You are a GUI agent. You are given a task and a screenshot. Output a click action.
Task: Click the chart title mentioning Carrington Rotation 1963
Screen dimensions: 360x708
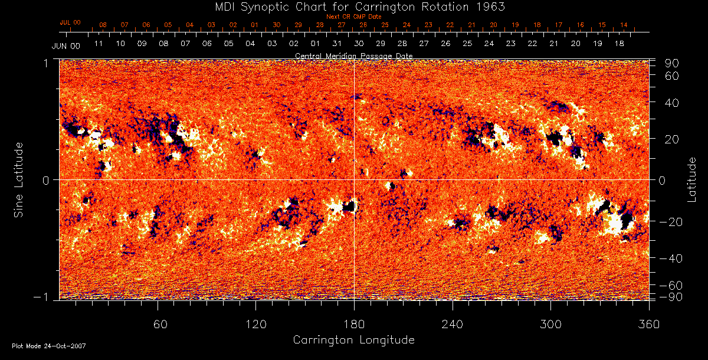pyautogui.click(x=353, y=6)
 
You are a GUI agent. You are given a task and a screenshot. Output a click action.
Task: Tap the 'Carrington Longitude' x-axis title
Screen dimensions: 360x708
pyautogui.click(x=353, y=340)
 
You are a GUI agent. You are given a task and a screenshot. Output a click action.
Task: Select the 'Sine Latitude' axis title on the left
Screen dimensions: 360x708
pyautogui.click(x=19, y=179)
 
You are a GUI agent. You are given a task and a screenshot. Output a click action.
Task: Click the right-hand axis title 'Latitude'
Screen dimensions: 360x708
pyautogui.click(x=692, y=180)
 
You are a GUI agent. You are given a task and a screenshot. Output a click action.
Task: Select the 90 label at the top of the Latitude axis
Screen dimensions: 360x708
pyautogui.click(x=673, y=63)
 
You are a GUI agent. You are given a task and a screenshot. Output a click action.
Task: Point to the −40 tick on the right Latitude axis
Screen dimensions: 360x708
pyautogui.click(x=670, y=258)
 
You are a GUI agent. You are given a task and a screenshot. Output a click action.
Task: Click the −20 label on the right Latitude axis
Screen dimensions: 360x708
pyautogui.click(x=670, y=221)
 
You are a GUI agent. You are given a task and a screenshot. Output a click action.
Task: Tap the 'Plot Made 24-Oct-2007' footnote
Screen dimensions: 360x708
pyautogui.click(x=49, y=346)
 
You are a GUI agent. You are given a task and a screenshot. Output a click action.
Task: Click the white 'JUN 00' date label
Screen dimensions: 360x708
pyautogui.click(x=65, y=45)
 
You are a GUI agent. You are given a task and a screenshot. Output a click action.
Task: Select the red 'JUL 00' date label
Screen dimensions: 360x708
pyautogui.click(x=70, y=22)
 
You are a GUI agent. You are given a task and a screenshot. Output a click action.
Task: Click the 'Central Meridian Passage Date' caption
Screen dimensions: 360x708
pyautogui.click(x=353, y=55)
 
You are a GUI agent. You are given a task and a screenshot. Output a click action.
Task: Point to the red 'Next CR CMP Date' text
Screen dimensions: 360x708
pyautogui.click(x=353, y=17)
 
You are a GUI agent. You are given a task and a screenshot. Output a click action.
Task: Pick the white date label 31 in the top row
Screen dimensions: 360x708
pyautogui.click(x=337, y=44)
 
